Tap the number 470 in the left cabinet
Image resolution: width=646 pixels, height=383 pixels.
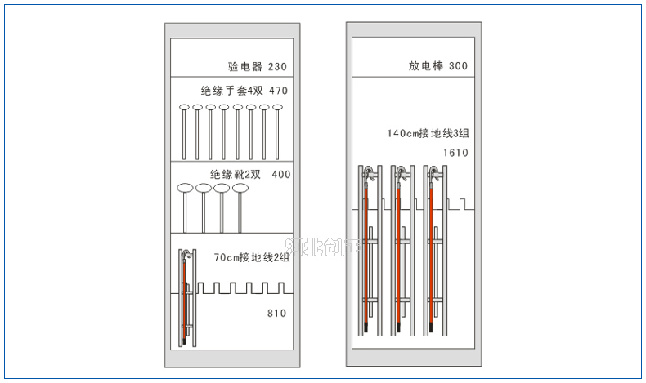point(278,91)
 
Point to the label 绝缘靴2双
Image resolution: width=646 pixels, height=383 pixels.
point(235,174)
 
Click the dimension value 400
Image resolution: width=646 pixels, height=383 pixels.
point(280,174)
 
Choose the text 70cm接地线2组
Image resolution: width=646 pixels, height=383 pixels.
point(252,257)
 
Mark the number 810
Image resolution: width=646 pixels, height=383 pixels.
point(276,313)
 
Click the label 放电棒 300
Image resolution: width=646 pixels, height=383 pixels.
point(438,66)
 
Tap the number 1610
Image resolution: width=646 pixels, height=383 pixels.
point(455,153)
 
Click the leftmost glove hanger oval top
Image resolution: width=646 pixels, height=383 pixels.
point(184,108)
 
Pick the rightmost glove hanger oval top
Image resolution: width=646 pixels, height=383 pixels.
point(277,108)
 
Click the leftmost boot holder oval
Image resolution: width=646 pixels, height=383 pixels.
point(185,189)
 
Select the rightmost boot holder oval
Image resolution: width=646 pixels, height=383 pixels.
point(240,189)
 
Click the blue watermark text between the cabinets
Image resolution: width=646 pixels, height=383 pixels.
point(322,246)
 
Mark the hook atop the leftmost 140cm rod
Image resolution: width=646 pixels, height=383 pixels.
point(369,172)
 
